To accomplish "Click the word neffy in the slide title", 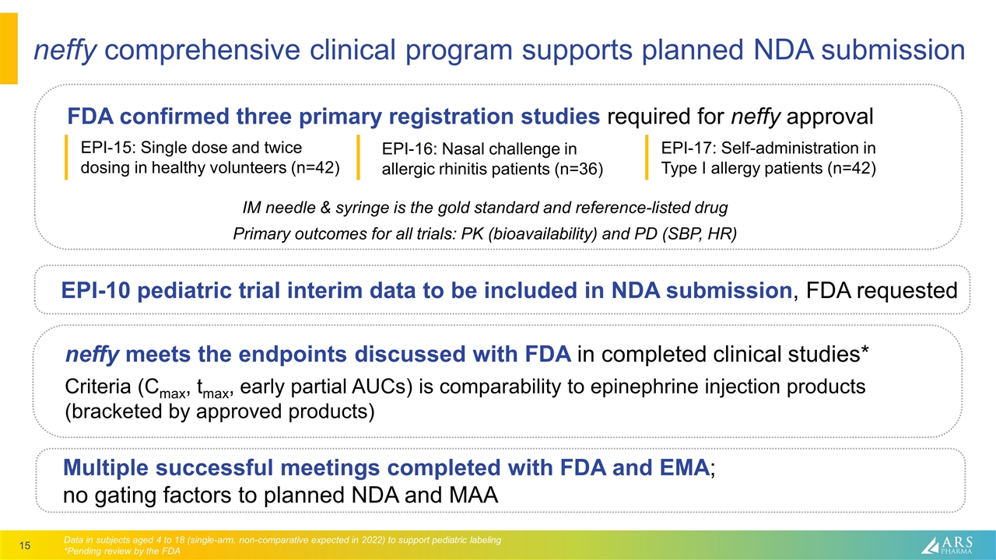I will pyautogui.click(x=65, y=51).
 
